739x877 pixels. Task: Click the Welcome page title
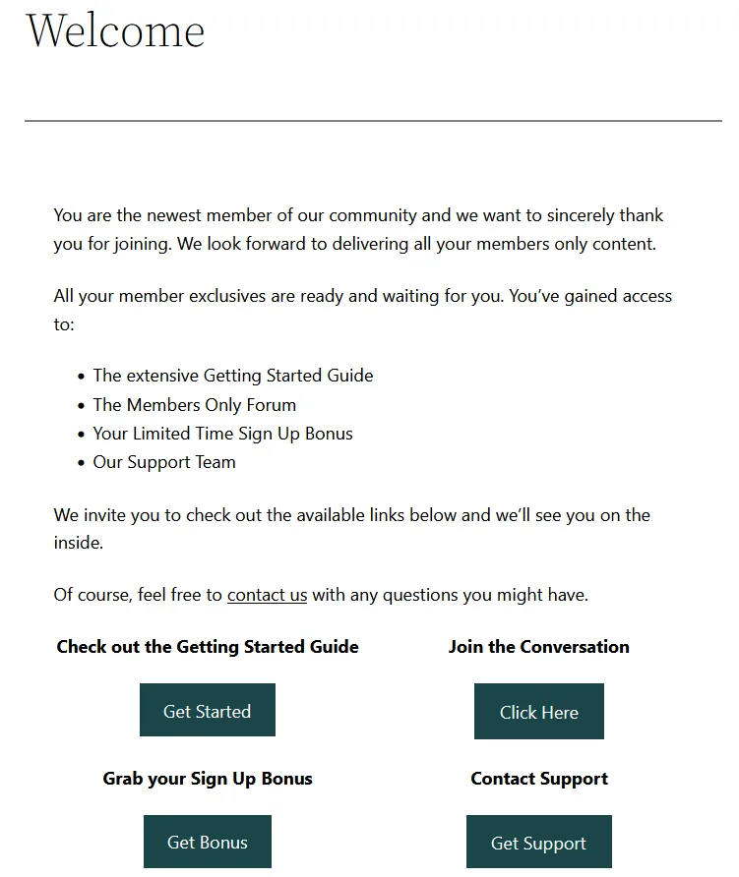pos(115,30)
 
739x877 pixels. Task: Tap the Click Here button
pos(538,712)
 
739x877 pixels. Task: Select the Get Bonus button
pos(207,842)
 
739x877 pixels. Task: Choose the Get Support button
pos(538,843)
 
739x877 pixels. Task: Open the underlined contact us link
pos(267,595)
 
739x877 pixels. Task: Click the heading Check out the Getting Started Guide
pos(208,647)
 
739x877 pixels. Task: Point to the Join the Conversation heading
pos(538,647)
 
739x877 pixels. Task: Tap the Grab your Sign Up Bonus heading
pos(208,779)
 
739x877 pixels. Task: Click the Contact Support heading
pos(538,779)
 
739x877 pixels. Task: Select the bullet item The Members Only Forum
pos(194,405)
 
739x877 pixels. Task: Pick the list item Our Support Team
pos(164,462)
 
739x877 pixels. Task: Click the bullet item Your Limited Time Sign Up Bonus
pos(222,434)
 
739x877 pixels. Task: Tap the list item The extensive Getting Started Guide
pos(233,376)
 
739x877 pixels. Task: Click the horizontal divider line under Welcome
pos(373,121)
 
